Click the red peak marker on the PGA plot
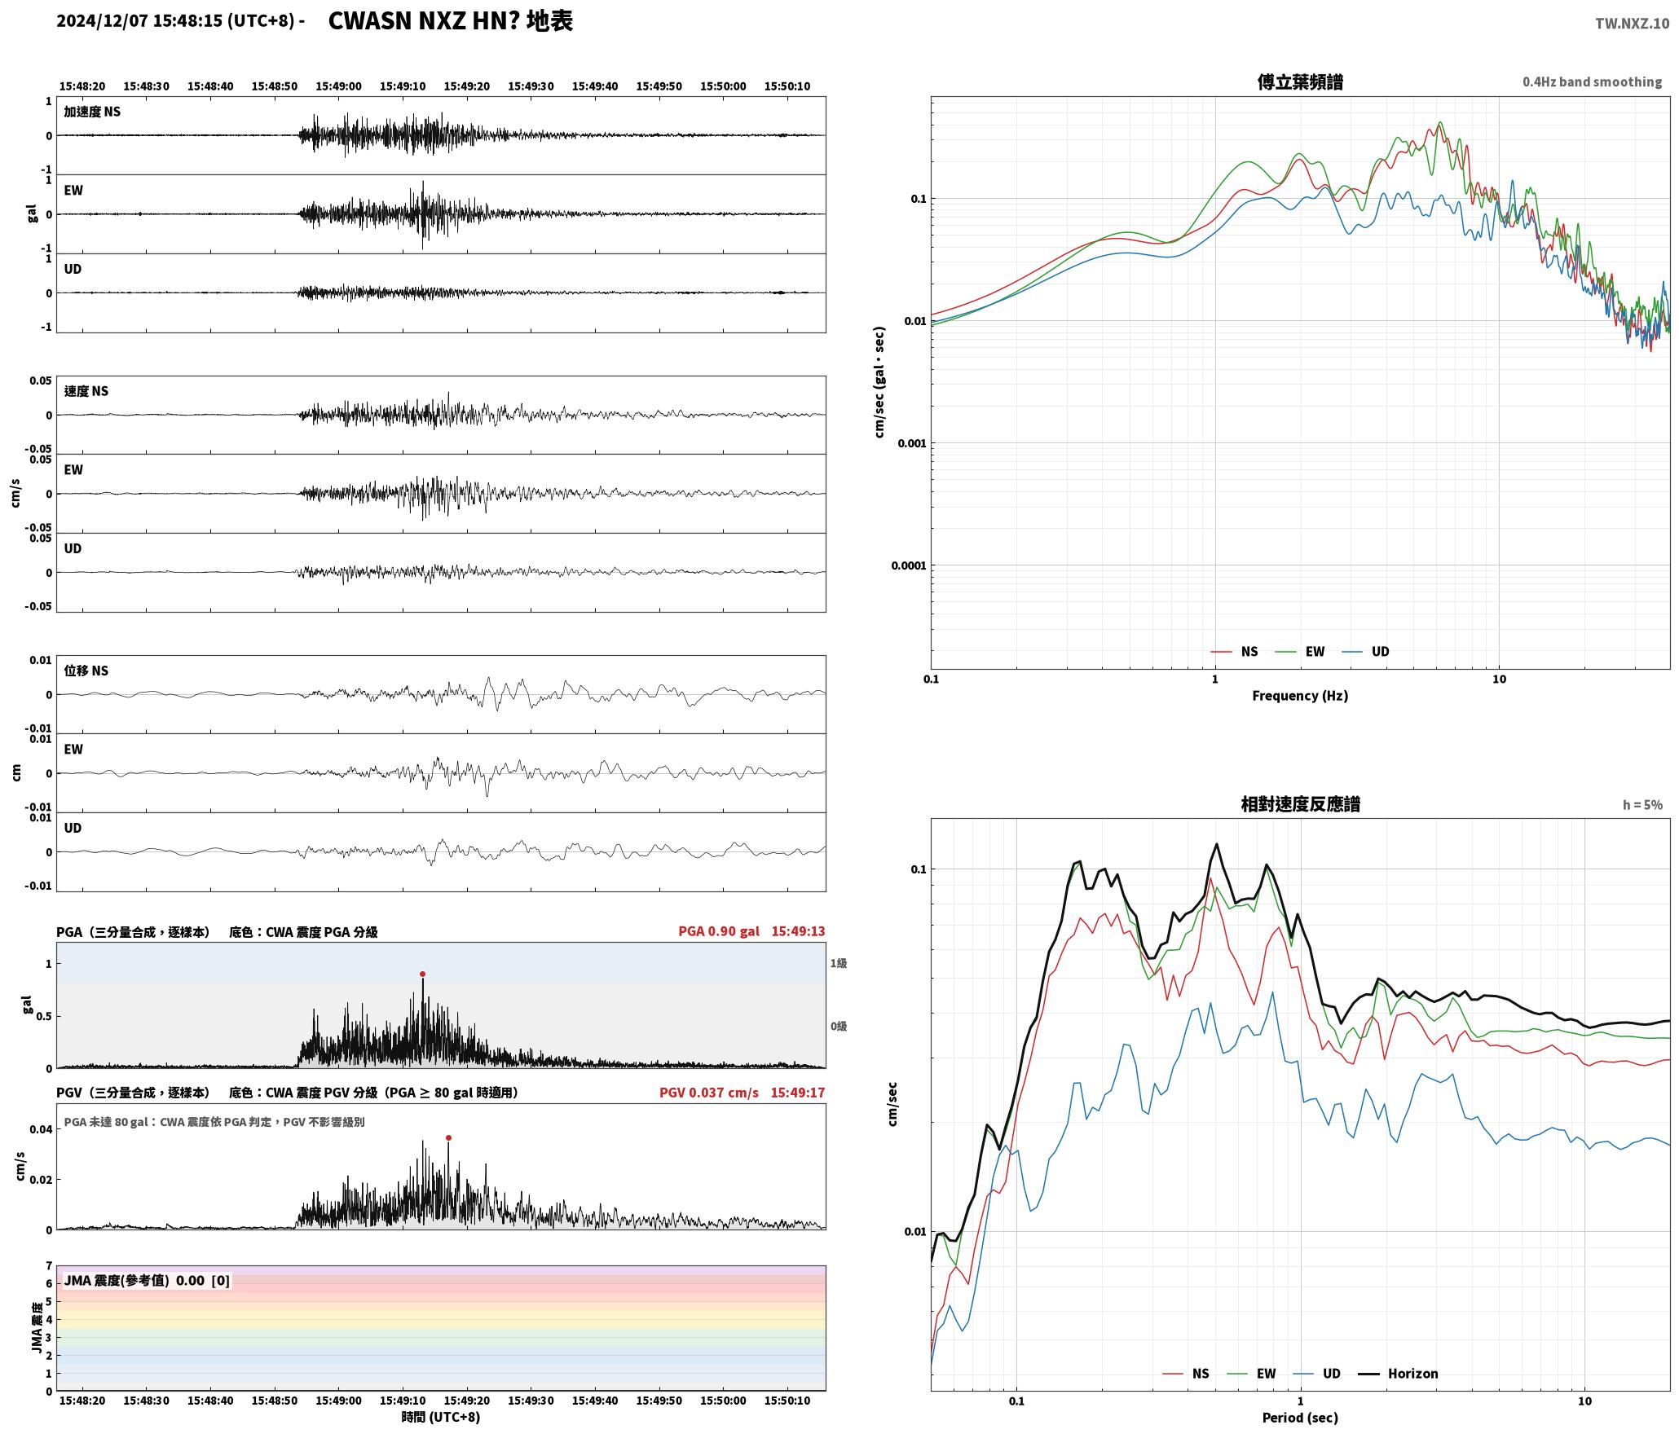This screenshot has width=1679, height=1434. pos(422,974)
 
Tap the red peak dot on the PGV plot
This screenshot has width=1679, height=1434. pos(448,1137)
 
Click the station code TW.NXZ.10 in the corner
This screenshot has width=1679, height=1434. pos(1632,24)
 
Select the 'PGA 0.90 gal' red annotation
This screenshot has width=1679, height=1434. pos(719,930)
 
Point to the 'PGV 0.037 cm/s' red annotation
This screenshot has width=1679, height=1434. pos(709,1092)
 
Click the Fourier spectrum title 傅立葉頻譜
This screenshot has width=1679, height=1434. pos(1300,81)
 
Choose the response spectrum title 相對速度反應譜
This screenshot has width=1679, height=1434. pos(1300,804)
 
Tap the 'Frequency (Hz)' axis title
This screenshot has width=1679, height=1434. pos(1300,695)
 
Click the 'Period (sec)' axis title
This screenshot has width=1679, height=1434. pos(1300,1418)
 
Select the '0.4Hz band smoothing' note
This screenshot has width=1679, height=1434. pos(1592,81)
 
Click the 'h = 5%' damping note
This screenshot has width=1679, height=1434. pos(1642,805)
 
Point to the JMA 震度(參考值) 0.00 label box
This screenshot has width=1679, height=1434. pos(147,1280)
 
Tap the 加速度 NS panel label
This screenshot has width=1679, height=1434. pos(92,112)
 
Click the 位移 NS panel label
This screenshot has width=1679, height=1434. pos(86,671)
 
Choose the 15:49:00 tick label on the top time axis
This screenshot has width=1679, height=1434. pos(338,86)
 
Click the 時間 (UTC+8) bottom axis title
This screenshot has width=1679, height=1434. pos(441,1417)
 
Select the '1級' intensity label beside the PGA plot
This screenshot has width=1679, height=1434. pos(839,963)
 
